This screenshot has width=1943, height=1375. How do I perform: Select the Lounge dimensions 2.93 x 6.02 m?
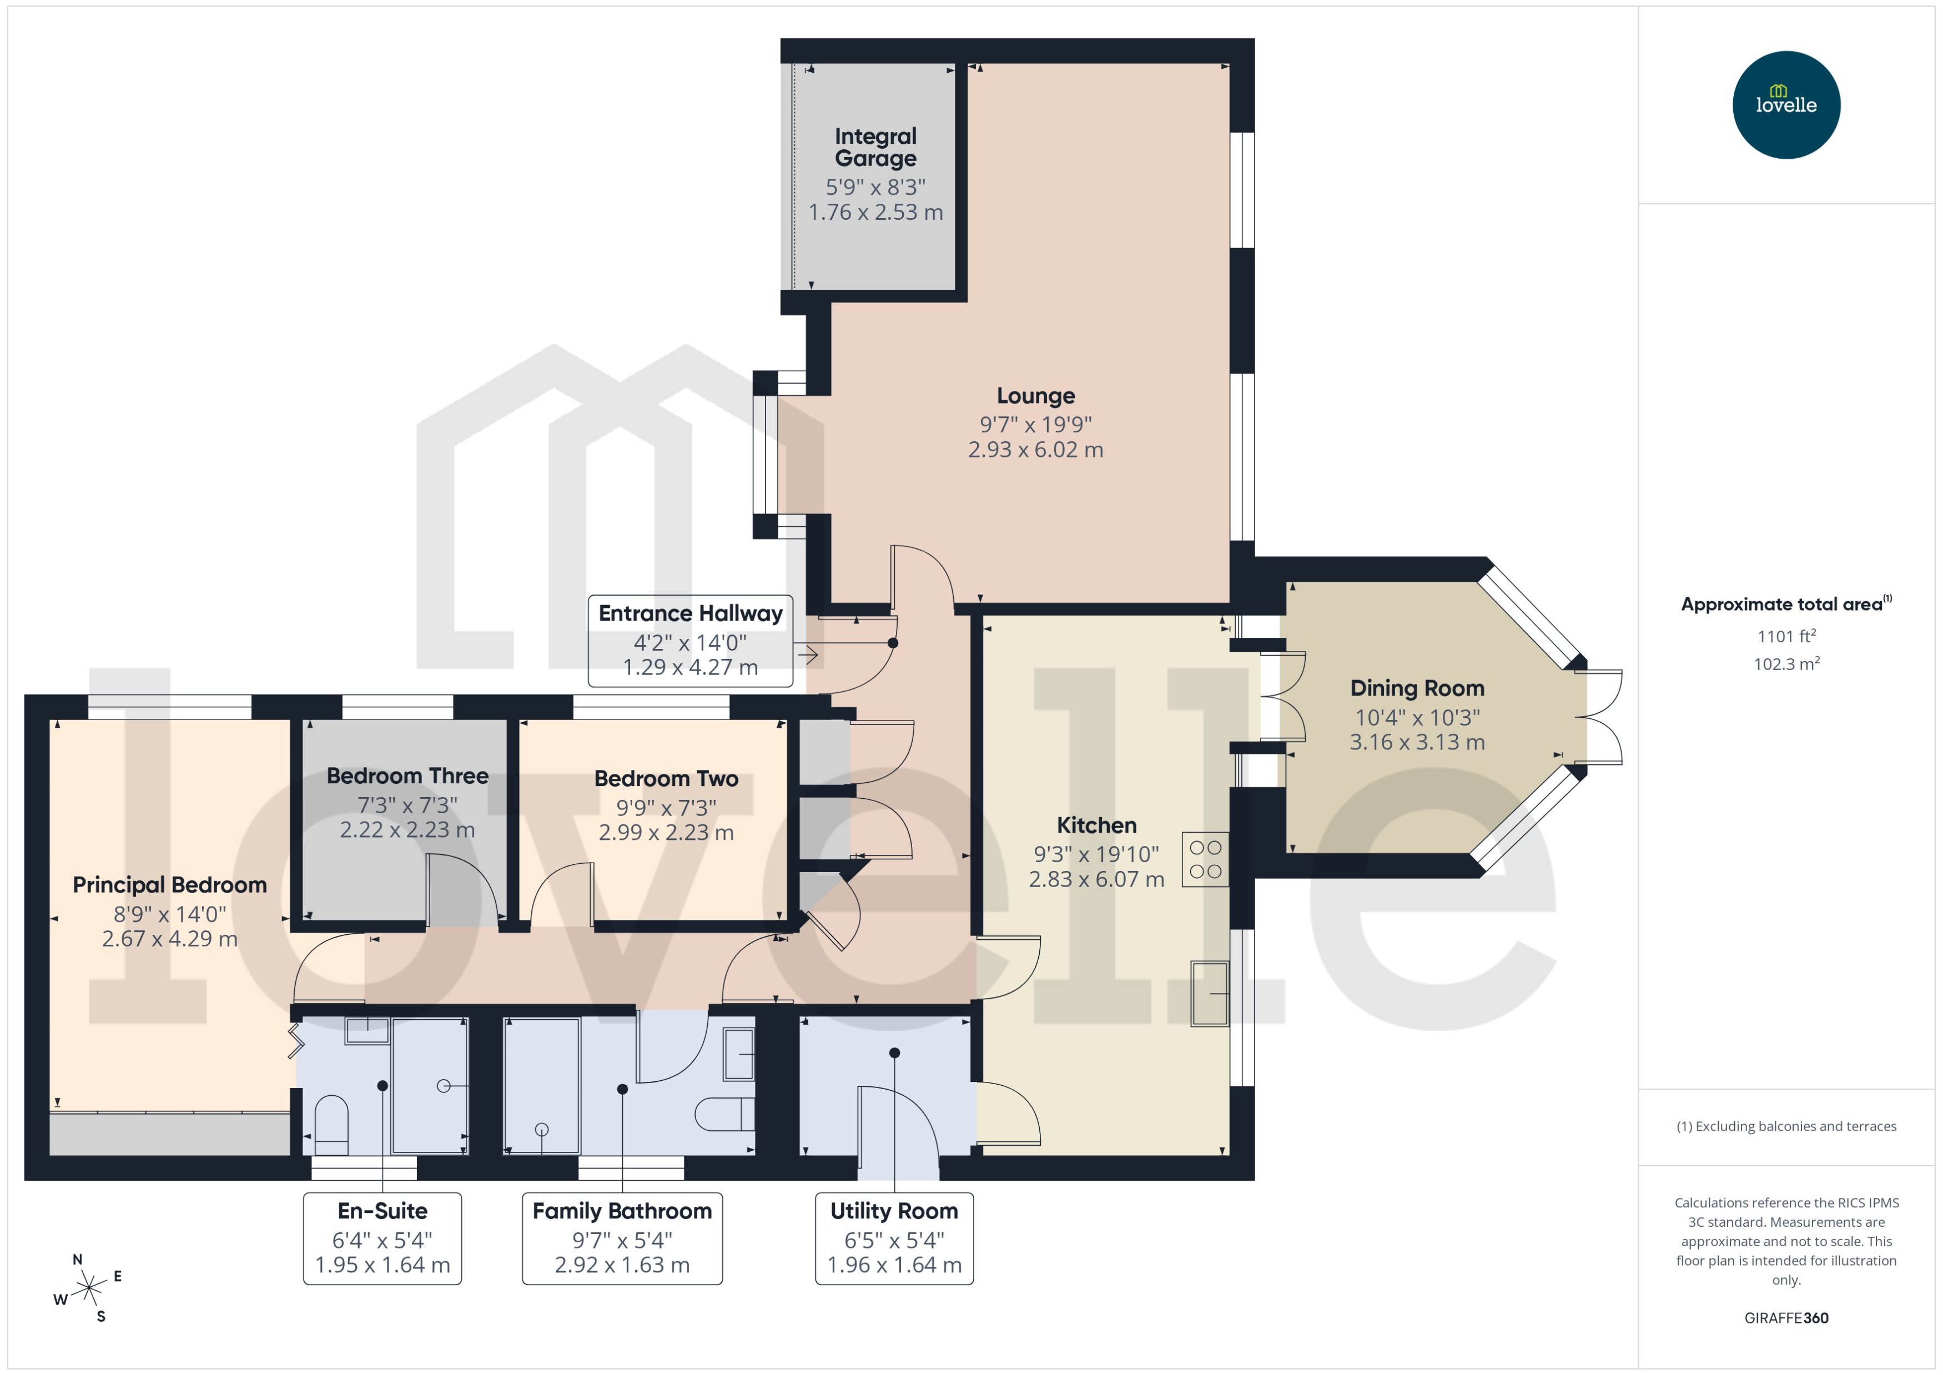pos(1035,450)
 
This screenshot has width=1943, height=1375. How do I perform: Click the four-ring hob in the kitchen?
pos(1204,859)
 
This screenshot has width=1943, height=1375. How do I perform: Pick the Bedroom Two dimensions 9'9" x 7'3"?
pos(666,807)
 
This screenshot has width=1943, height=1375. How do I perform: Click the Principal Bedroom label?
pos(169,885)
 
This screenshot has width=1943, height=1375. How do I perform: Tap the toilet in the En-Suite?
pos(331,1125)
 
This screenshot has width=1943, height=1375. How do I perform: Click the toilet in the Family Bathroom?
pos(724,1114)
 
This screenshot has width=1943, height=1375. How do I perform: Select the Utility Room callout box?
pos(893,1238)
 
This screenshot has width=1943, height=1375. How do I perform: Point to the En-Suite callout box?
pos(382,1238)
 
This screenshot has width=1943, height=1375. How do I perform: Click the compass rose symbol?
pos(88,1288)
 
